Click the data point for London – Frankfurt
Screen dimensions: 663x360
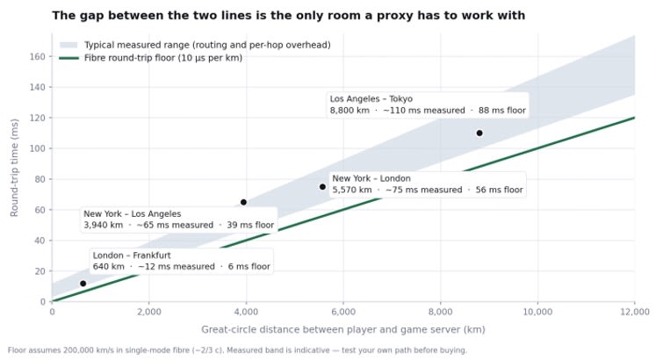(x=83, y=284)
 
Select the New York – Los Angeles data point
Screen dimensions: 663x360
(x=243, y=202)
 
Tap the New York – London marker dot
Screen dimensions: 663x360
(x=322, y=186)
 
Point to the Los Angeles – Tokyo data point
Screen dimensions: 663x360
(x=479, y=133)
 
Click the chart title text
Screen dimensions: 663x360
(x=288, y=16)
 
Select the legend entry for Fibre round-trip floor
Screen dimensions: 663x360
(x=151, y=58)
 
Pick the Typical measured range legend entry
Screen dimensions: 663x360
(x=195, y=45)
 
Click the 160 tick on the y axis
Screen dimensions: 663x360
(x=37, y=57)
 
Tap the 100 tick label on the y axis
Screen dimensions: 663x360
(x=37, y=148)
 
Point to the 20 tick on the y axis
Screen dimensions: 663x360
(x=40, y=271)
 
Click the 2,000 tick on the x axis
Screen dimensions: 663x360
(x=148, y=313)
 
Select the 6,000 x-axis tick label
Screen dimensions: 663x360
(x=343, y=313)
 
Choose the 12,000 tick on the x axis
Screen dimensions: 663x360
(x=635, y=313)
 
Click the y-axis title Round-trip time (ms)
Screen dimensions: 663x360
(x=14, y=168)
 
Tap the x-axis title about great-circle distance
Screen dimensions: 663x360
(x=343, y=329)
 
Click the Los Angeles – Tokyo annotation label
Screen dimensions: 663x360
(x=428, y=104)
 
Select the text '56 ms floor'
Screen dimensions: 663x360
(x=500, y=190)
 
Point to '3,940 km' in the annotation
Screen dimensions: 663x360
(x=104, y=225)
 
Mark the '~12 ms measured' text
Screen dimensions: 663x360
(x=177, y=267)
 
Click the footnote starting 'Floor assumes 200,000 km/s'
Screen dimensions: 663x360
(x=237, y=350)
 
